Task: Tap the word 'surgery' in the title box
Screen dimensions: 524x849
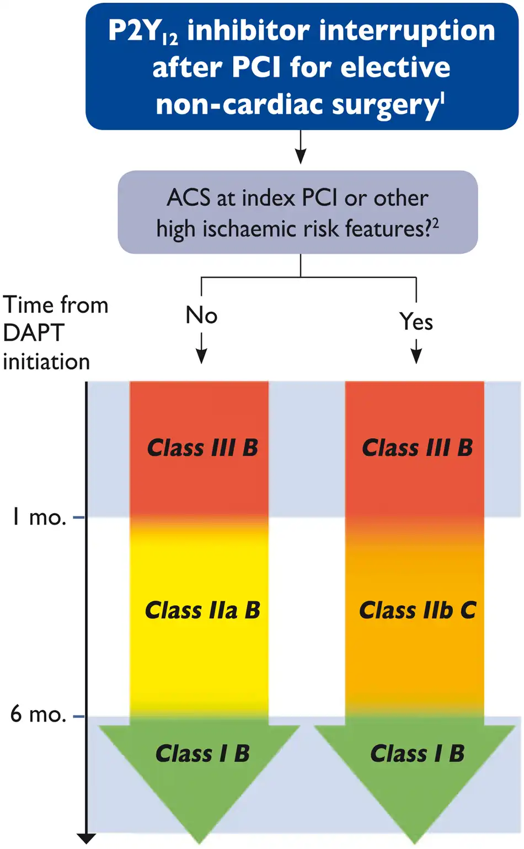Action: pos(384,105)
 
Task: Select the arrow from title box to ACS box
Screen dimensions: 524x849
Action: pos(301,147)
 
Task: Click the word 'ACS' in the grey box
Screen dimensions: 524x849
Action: pos(189,198)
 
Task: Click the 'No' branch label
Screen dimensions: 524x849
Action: pos(201,316)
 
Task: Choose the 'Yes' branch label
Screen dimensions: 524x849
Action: pos(416,322)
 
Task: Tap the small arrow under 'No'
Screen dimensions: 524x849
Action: pos(201,348)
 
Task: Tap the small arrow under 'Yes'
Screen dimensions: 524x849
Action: pos(416,351)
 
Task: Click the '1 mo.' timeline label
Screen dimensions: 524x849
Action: pos(39,517)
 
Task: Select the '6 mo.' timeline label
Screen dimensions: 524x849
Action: pos(38,714)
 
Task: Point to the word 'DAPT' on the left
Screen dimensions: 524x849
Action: pos(33,333)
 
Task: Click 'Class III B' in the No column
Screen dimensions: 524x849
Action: pos(202,447)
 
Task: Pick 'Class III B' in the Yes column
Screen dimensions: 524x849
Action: pos(417,447)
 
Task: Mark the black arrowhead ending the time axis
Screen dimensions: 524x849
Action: pos(87,838)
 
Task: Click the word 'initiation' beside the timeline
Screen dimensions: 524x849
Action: pos(46,361)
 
